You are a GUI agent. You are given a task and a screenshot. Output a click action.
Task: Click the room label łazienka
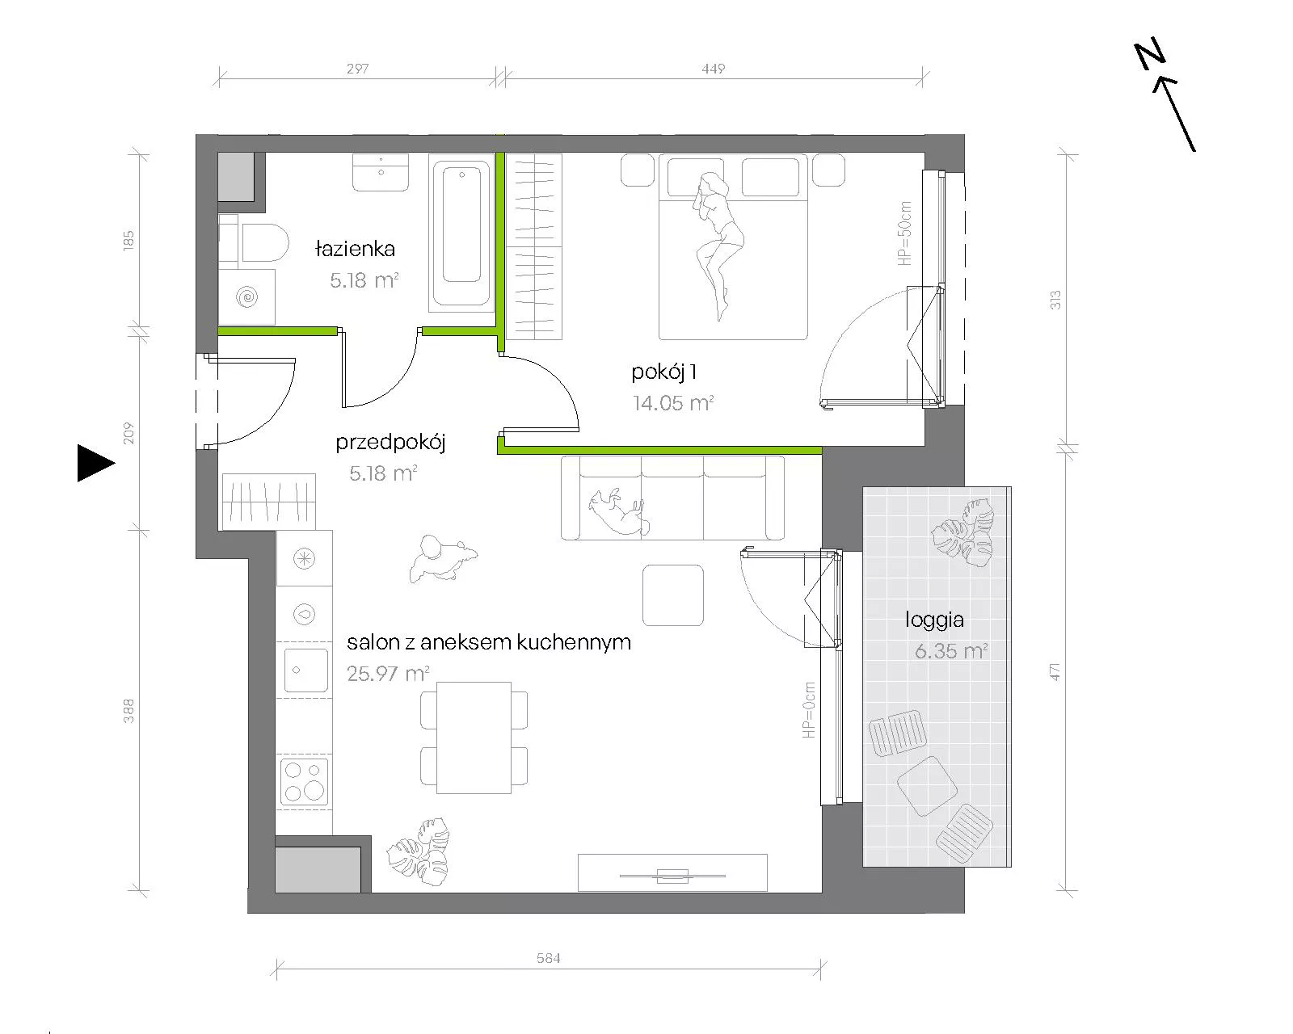(x=355, y=249)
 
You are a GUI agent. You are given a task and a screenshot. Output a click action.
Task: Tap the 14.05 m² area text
(x=673, y=402)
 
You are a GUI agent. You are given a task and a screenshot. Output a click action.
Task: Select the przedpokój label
(x=390, y=443)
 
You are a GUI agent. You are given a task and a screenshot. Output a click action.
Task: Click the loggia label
(x=934, y=620)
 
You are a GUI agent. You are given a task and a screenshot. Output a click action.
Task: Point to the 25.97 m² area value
(x=388, y=674)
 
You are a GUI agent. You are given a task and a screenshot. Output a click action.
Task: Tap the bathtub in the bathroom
(x=461, y=233)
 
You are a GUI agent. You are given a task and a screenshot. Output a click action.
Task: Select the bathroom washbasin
(x=381, y=172)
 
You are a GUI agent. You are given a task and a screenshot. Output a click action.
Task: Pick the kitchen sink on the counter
(x=305, y=670)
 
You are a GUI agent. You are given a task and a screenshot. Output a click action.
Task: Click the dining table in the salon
(x=474, y=738)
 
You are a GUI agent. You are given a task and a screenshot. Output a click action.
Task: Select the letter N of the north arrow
(x=1150, y=56)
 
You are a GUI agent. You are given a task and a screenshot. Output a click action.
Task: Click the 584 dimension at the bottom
(x=549, y=958)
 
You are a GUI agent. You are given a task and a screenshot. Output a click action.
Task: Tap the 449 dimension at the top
(x=714, y=69)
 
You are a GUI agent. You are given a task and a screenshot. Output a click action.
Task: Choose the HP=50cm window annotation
(x=905, y=233)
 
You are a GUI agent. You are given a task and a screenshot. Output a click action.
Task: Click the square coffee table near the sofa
(x=673, y=595)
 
